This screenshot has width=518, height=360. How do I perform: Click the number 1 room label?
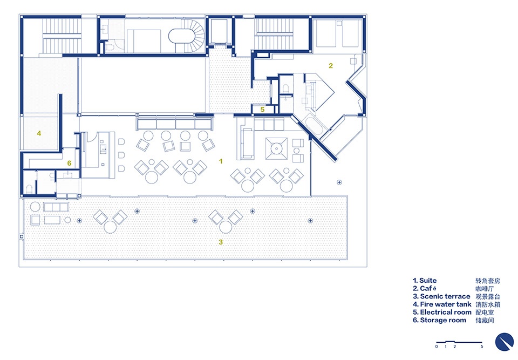coord(221,161)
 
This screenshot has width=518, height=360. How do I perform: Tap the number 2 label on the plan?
coord(331,66)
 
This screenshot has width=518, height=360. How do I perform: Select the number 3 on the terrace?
coord(221,242)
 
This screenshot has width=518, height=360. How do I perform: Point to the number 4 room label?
coord(39,133)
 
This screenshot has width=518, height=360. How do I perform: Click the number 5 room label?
coord(262,110)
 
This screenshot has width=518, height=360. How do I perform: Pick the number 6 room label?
coord(69,163)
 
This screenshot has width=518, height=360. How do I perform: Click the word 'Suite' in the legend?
coord(428,280)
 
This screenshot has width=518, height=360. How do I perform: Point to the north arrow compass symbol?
coord(505,342)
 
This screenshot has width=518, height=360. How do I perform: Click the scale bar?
coord(459,342)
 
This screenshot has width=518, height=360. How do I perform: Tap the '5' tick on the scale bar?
coord(482,347)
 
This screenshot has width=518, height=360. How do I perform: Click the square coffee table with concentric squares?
coord(276,148)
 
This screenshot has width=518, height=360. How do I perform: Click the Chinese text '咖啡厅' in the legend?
coord(485,289)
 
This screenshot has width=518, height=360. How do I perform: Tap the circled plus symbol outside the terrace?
coord(339,182)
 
